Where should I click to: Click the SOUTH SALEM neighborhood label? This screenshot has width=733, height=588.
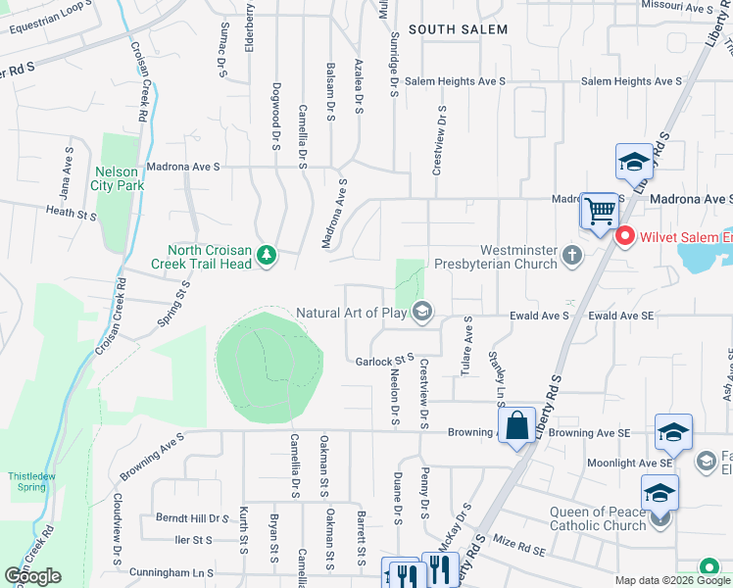tap(458, 29)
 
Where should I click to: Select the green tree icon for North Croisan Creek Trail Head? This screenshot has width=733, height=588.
tap(266, 257)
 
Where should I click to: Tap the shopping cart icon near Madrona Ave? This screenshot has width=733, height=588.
tap(599, 211)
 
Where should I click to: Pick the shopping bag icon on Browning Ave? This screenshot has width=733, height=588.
tap(517, 426)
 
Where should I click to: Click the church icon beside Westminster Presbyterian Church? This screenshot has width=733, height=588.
tap(572, 257)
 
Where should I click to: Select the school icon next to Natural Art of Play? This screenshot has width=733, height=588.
tap(422, 314)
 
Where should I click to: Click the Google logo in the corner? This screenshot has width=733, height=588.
tap(32, 576)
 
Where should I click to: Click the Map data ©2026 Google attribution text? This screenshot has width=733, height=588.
tap(671, 581)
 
